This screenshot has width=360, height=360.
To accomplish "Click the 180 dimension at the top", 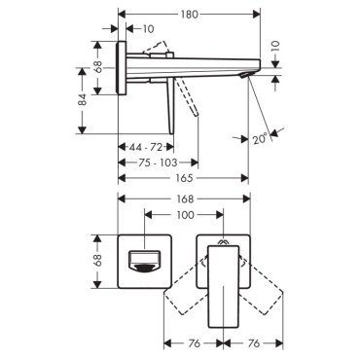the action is click(x=189, y=15).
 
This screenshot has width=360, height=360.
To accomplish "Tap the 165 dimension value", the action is click(x=184, y=178).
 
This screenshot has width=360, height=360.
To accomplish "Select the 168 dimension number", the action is click(x=185, y=198).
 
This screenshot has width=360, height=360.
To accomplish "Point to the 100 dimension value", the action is click(x=186, y=215).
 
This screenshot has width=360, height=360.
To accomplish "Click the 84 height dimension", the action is click(x=84, y=99).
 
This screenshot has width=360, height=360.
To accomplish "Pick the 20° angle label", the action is click(x=261, y=139).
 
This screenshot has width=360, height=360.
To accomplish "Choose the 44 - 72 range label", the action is click(x=146, y=147).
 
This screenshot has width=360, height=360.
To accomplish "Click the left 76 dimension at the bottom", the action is click(x=194, y=343).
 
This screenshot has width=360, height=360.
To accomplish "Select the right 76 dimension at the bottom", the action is click(x=254, y=343).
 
